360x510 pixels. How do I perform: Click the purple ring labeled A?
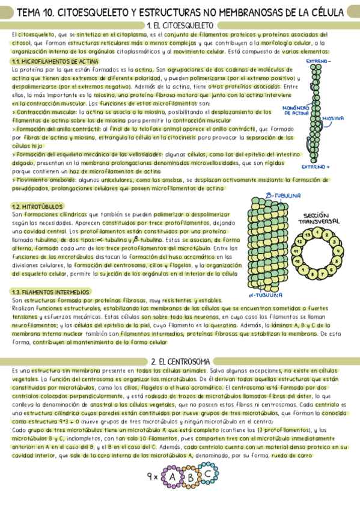pyautogui.click(x=172, y=478)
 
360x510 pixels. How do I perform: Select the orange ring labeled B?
pyautogui.click(x=191, y=479)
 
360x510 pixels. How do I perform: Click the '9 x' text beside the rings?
pyautogui.click(x=152, y=478)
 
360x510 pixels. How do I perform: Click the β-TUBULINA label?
pyautogui.click(x=282, y=196)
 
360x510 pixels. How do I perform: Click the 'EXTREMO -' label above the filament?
pyautogui.click(x=321, y=61)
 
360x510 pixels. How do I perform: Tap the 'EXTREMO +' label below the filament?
pyautogui.click(x=317, y=167)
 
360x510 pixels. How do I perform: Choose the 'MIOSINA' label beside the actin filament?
pyautogui.click(x=334, y=118)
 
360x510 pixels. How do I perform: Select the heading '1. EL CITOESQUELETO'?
pyautogui.click(x=180, y=25)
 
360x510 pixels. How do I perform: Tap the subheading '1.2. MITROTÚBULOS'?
pyautogui.click(x=37, y=206)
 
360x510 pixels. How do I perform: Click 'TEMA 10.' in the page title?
pyautogui.click(x=38, y=11)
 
